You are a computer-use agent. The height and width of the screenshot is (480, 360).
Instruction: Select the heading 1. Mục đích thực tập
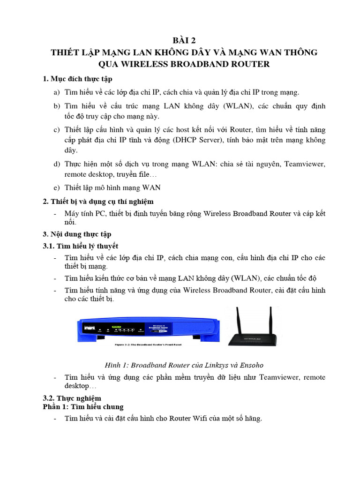[77, 79]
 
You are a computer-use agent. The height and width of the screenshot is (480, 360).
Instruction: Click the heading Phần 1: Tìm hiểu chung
[83, 406]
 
